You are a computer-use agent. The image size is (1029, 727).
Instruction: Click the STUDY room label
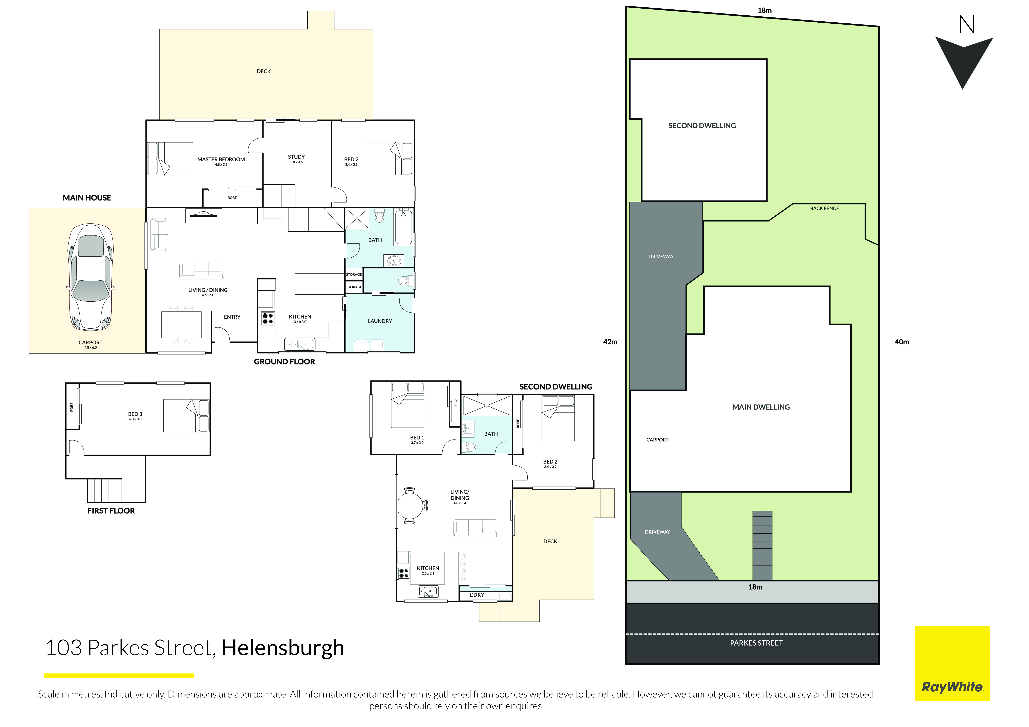pos(296,157)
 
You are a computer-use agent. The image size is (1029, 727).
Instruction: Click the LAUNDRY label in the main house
pos(380,321)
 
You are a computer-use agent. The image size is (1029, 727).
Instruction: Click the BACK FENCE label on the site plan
pos(824,208)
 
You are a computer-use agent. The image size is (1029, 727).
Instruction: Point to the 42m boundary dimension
pos(610,342)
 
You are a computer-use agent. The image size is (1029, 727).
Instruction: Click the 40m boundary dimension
pos(902,342)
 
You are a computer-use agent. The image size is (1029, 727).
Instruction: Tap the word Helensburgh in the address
pos(283,648)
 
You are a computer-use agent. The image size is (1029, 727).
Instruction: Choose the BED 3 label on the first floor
pos(135,414)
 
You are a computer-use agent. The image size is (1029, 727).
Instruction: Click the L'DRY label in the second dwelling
pos(477,595)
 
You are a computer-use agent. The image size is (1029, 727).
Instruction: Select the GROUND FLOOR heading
pos(284,362)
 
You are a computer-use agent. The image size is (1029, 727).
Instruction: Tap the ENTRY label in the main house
pos(232,317)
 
